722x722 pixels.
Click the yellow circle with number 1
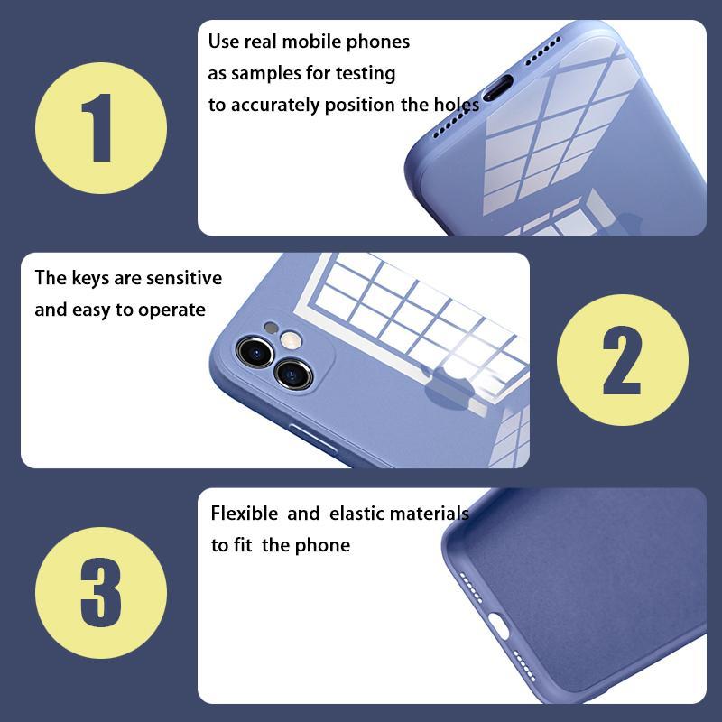(101, 128)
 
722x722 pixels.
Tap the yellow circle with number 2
(623, 360)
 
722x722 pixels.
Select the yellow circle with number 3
(101, 593)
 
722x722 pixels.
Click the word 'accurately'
(275, 106)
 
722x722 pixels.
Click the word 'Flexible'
(244, 513)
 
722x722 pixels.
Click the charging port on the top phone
(497, 88)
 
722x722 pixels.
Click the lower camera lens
(293, 374)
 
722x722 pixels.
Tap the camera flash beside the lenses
(291, 341)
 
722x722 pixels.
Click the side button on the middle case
(312, 438)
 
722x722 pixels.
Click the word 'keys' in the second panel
(91, 279)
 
